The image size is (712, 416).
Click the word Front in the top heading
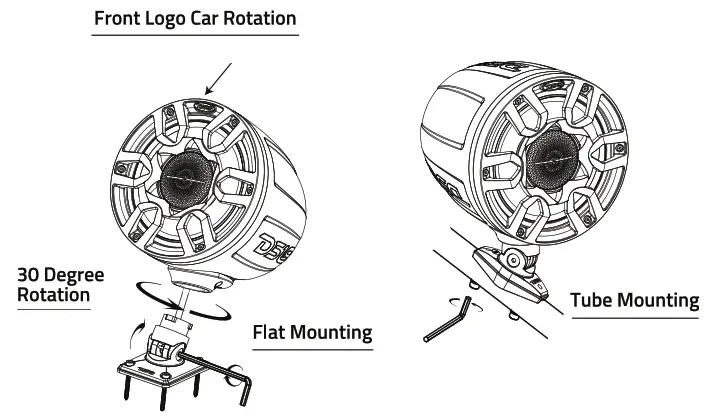point(118,19)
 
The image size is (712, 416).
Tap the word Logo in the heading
point(168,19)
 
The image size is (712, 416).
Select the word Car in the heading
point(208,19)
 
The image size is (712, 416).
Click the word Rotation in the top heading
point(261,19)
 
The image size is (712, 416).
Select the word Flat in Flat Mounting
point(273,331)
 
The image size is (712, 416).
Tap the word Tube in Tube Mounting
point(593,301)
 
